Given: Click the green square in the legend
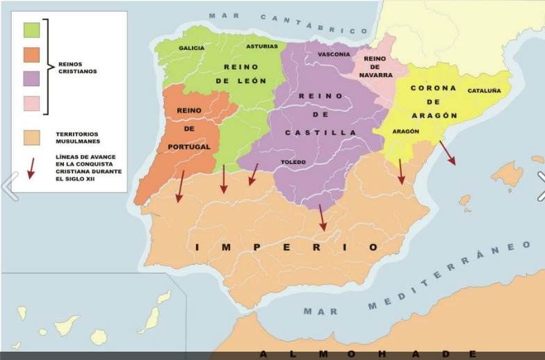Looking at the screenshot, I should point(31,30).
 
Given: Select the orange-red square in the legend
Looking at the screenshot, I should point(31,55).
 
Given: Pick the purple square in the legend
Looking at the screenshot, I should point(31,79).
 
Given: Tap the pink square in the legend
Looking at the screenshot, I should point(31,104).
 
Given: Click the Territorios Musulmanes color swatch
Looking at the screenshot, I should point(31,138).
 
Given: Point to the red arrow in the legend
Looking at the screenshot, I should point(31,168).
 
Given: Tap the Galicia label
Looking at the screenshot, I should point(191,48).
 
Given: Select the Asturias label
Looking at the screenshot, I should point(261,47).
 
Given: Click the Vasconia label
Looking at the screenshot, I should point(334,54).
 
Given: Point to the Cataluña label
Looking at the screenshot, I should point(484,90).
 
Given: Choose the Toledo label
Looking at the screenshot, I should point(293,162).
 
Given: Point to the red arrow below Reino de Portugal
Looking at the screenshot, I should point(181,186).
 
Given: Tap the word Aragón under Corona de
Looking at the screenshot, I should point(433,115).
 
